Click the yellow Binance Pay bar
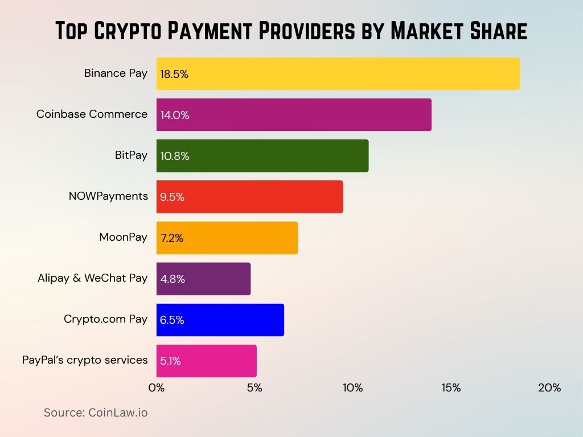[x=338, y=73]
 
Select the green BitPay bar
[x=262, y=156]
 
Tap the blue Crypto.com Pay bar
[x=220, y=320]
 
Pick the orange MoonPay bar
[x=227, y=238]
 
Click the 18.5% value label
[x=174, y=74]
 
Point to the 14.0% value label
[x=175, y=115]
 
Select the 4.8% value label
[x=173, y=279]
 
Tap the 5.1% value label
[x=170, y=361]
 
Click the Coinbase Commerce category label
[x=92, y=114]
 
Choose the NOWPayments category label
[x=108, y=196]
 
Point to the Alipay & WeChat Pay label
[x=93, y=278]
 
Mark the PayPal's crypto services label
[x=85, y=360]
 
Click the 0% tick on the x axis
[x=156, y=388]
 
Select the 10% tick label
[x=352, y=388]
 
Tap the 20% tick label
[x=549, y=388]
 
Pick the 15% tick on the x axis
[x=451, y=388]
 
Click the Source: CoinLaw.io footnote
[x=96, y=413]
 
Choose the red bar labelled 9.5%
[x=250, y=197]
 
